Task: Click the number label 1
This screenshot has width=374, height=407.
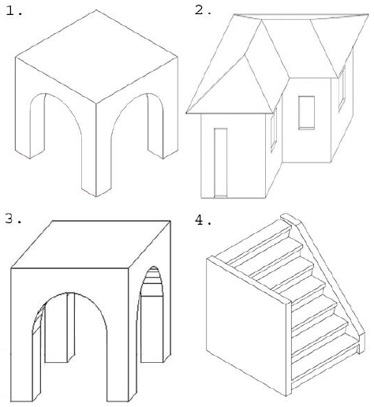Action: [x=13, y=11]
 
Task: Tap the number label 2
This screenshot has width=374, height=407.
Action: [x=203, y=9]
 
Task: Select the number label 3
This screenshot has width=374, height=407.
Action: [x=13, y=218]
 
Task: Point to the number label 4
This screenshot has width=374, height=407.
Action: [x=203, y=220]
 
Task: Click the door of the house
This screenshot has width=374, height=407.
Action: [x=220, y=162]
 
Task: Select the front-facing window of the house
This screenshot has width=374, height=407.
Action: [x=307, y=113]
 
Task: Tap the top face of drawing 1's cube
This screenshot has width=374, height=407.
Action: [x=96, y=56]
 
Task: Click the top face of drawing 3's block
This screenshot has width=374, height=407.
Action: [x=91, y=245]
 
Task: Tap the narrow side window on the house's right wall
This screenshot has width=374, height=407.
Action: [x=342, y=88]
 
